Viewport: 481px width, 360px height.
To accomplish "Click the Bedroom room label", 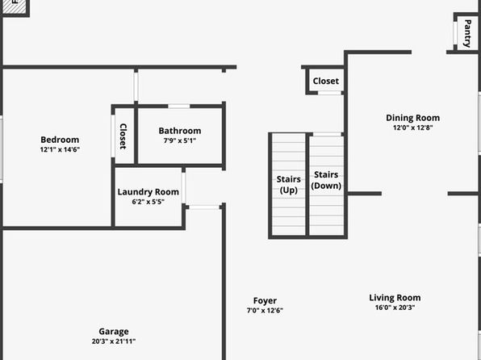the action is (x=60, y=140).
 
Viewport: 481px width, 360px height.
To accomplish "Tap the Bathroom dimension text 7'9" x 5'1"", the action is (x=180, y=141).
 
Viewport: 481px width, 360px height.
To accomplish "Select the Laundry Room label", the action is (x=148, y=192).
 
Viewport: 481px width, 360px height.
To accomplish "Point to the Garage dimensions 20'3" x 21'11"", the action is (x=114, y=341).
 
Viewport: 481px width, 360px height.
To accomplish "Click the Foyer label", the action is (x=265, y=301).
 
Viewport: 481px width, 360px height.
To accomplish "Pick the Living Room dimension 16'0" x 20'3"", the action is (x=395, y=308).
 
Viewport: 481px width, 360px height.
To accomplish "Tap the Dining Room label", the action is (x=413, y=118).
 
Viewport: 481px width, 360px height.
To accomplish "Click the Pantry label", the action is (x=467, y=33).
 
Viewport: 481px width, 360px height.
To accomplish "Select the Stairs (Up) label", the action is (x=289, y=185).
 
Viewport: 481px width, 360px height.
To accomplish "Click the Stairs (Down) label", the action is (x=326, y=180).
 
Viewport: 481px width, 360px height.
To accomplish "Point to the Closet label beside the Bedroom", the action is (x=123, y=136).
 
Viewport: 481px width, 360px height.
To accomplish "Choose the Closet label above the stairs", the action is (x=326, y=81).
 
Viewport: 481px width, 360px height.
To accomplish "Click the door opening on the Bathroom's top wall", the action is (x=179, y=107).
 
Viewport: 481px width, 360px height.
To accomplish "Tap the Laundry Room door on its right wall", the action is (x=183, y=188).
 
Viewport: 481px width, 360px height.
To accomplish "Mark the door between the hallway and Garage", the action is (x=204, y=207).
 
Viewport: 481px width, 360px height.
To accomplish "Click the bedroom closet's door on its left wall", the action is (x=113, y=136).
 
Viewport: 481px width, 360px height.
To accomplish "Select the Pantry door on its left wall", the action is (x=455, y=33).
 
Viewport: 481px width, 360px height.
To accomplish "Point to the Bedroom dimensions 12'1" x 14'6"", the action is (x=60, y=150).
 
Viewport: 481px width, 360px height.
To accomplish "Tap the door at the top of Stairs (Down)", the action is (x=327, y=135).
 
